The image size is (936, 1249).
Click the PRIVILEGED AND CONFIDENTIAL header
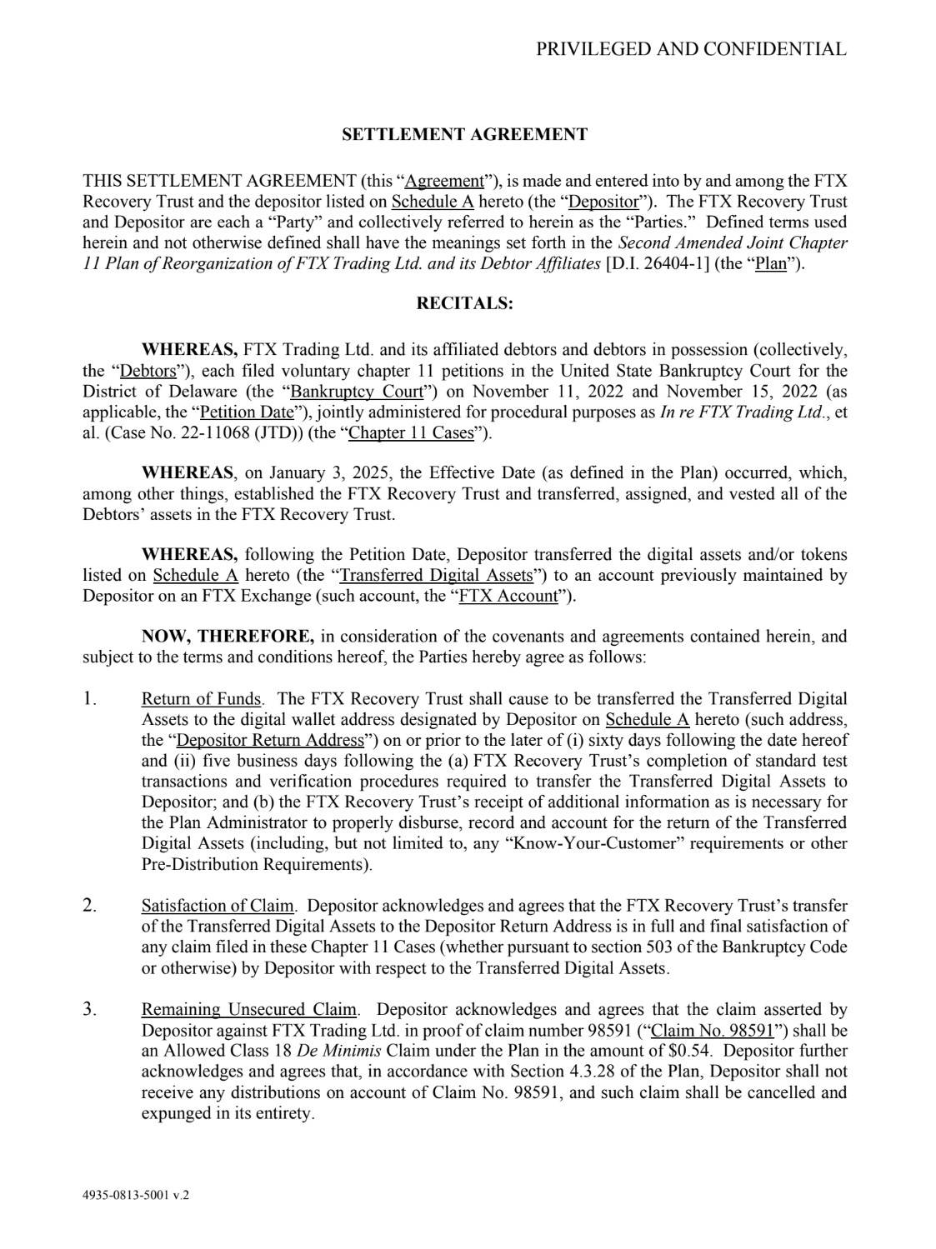pyautogui.click(x=691, y=49)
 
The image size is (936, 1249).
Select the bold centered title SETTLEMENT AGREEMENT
pyautogui.click(x=465, y=135)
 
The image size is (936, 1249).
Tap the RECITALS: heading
pyautogui.click(x=465, y=303)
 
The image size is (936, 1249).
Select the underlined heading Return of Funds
pyautogui.click(x=201, y=699)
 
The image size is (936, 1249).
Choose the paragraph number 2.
pyautogui.click(x=89, y=906)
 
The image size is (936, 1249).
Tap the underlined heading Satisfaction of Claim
pyautogui.click(x=218, y=907)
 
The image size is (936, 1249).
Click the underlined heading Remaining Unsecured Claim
pyautogui.click(x=249, y=1011)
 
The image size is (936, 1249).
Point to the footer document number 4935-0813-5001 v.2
pyautogui.click(x=136, y=1195)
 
